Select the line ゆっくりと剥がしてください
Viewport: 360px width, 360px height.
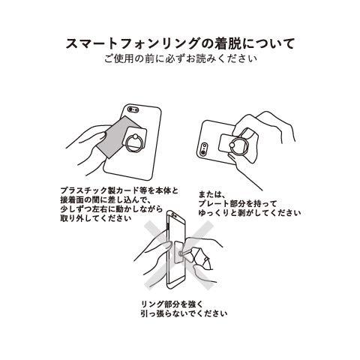click(247, 213)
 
